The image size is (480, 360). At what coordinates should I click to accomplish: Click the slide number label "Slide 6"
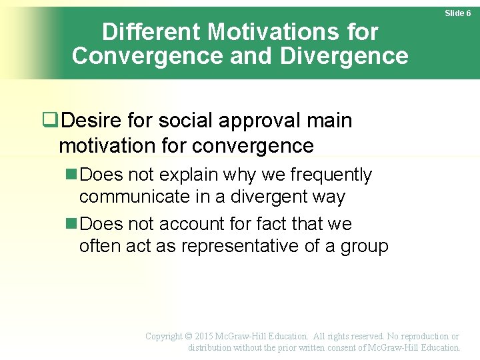click(458, 13)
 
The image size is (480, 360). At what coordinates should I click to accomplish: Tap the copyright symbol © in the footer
click(189, 337)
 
